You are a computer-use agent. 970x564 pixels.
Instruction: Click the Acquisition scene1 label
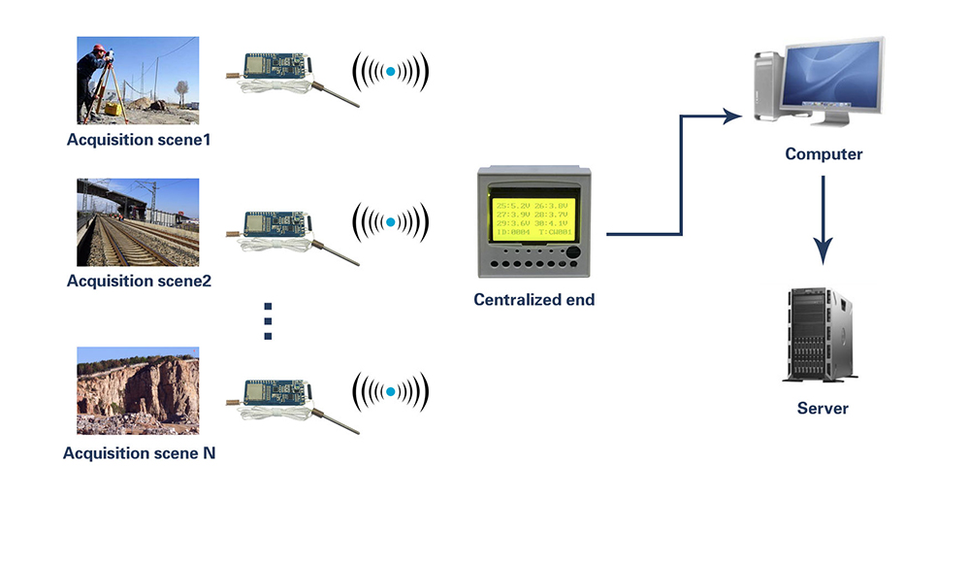click(139, 140)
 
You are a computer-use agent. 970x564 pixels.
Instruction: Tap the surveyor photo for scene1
click(138, 81)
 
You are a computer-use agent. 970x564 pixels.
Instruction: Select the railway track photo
click(138, 222)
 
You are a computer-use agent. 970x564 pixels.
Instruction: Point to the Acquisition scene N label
click(139, 453)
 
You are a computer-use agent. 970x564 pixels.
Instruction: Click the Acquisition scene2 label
click(139, 282)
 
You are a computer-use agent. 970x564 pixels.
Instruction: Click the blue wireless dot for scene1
click(391, 72)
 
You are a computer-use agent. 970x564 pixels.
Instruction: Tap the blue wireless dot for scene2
click(391, 222)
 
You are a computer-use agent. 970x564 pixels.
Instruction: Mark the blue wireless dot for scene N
click(391, 392)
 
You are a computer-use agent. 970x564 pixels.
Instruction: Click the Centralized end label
click(533, 300)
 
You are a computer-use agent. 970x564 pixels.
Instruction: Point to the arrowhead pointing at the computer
click(732, 116)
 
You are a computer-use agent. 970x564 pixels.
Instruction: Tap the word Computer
click(824, 154)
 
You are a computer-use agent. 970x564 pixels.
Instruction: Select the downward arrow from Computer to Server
click(824, 221)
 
